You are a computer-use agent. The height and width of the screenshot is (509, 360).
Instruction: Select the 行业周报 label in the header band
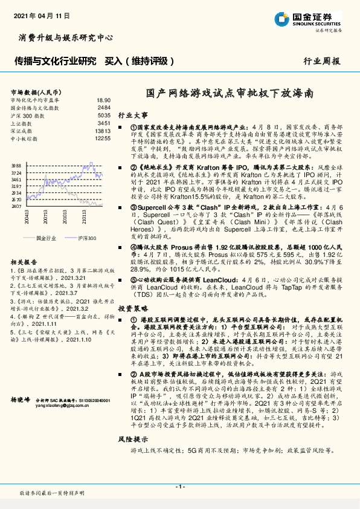322,62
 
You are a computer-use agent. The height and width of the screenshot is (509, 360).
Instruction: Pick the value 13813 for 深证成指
103,131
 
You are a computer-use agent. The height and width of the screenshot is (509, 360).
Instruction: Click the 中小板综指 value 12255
103,138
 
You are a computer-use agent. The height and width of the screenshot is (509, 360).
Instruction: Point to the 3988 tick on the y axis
16,165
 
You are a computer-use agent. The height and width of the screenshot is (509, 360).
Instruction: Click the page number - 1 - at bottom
179,486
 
